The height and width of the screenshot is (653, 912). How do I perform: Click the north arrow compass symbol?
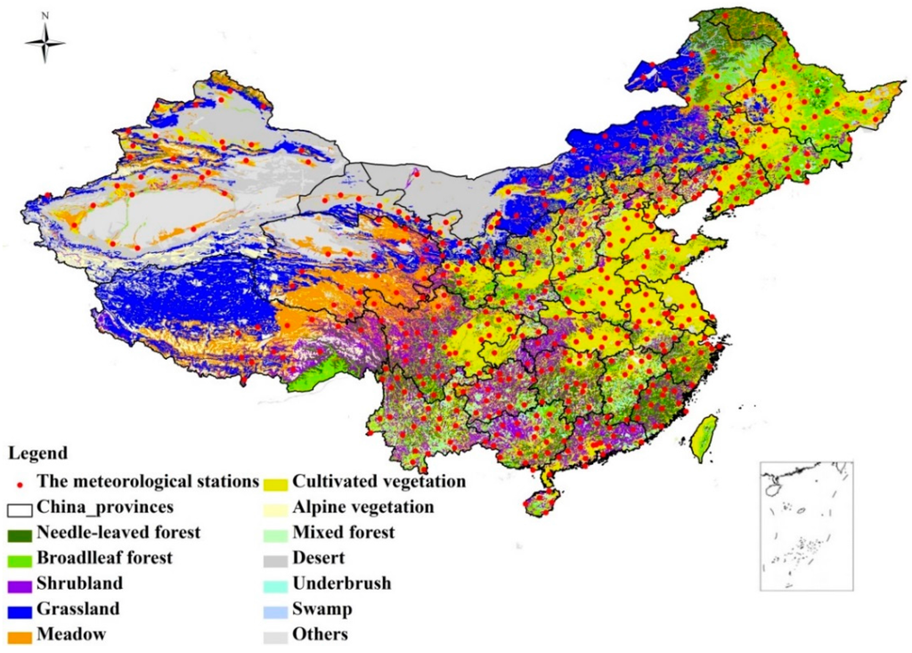45,43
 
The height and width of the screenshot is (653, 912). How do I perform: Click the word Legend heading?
37,453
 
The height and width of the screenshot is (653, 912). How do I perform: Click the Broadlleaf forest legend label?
104,559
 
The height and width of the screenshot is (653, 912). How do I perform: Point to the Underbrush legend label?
342,584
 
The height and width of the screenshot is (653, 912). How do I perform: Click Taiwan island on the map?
704,437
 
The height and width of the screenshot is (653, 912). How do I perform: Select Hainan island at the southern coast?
538,504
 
